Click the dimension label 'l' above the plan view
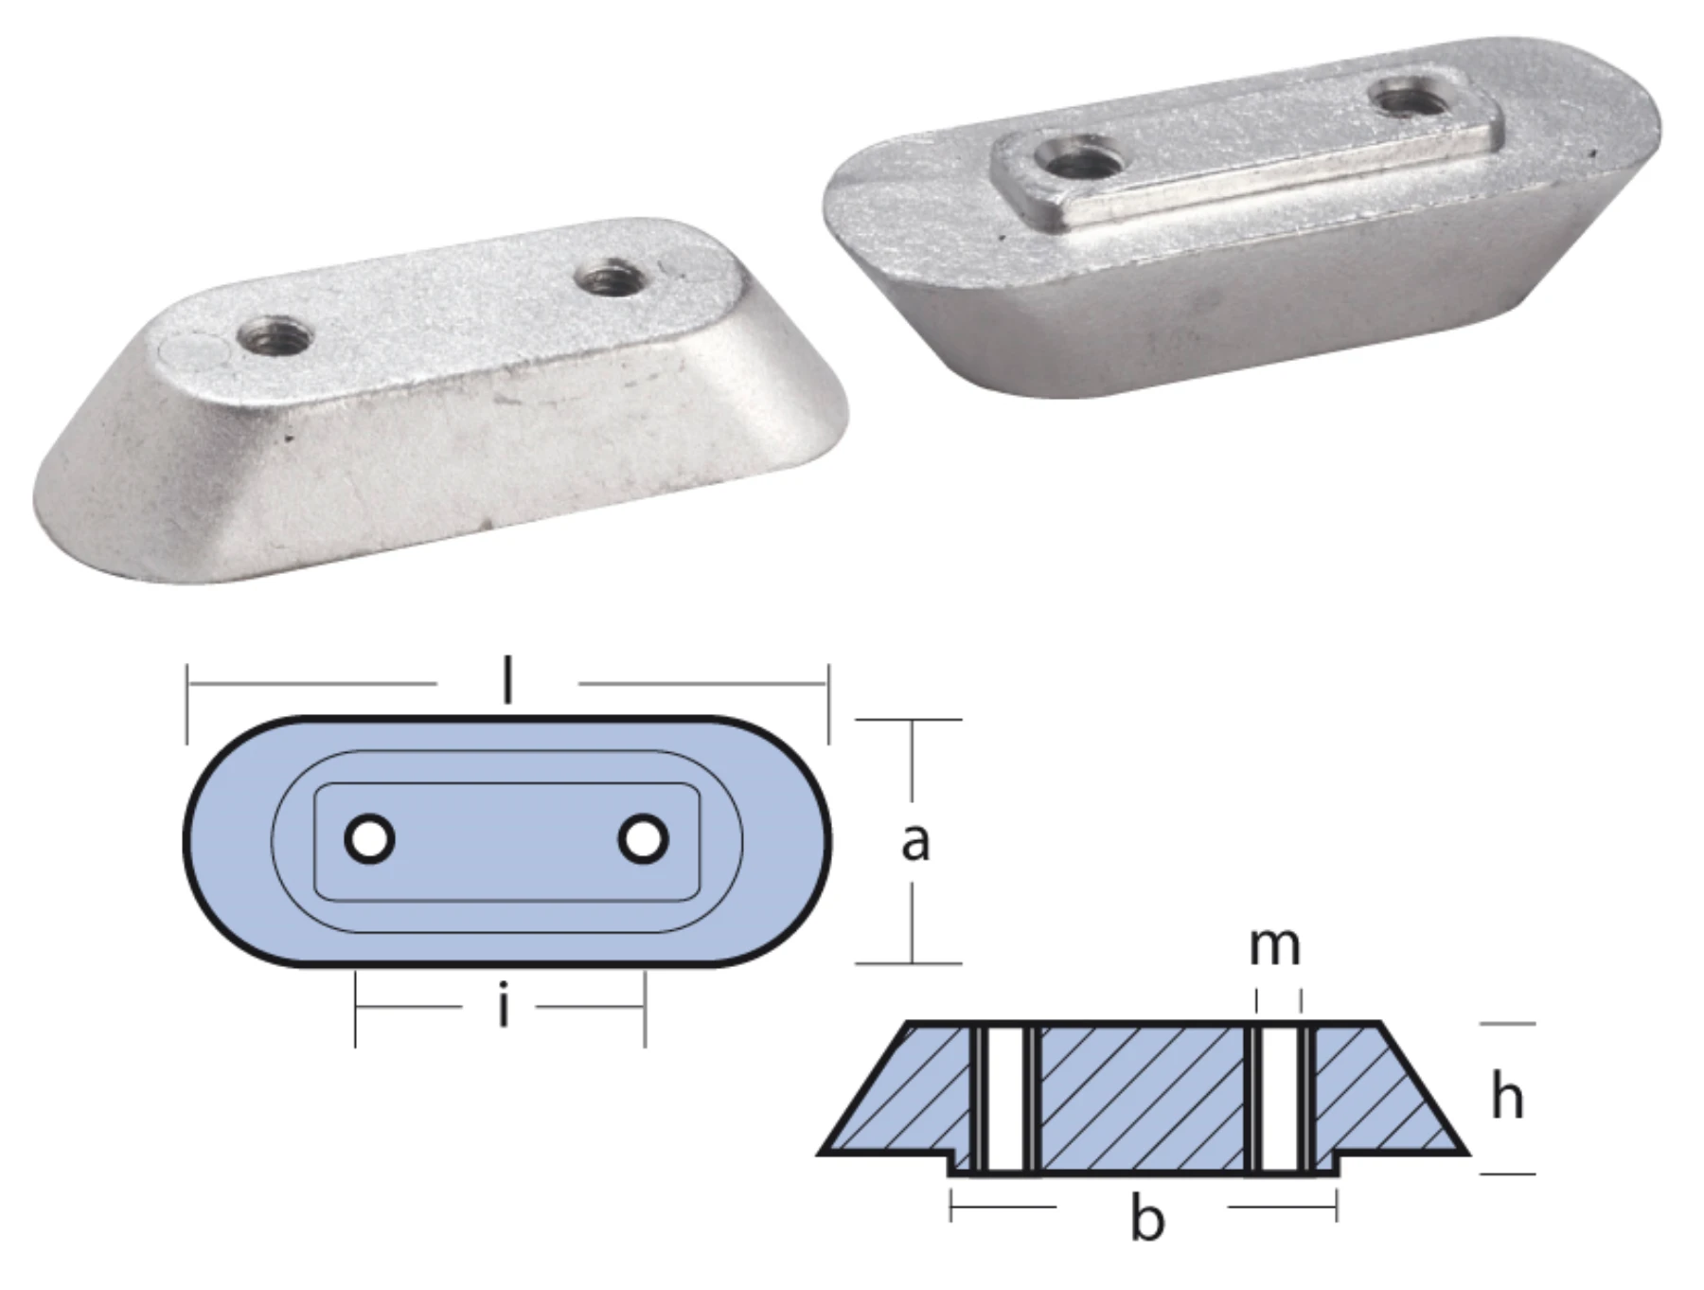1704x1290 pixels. [x=508, y=680]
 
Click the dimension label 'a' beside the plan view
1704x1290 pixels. [x=914, y=841]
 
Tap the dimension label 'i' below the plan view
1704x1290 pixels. [x=503, y=1007]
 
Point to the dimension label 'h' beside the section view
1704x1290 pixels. [x=1507, y=1098]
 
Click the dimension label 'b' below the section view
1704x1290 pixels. [x=1146, y=1220]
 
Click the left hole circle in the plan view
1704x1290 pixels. [x=369, y=839]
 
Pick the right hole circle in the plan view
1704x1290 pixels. [x=643, y=839]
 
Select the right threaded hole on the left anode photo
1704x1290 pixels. [x=607, y=279]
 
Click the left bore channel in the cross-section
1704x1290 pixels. [x=1005, y=1099]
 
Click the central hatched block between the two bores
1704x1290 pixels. [x=1141, y=1099]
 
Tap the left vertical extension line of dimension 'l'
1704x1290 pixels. [x=187, y=705]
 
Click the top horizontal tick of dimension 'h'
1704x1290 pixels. [x=1507, y=1024]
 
